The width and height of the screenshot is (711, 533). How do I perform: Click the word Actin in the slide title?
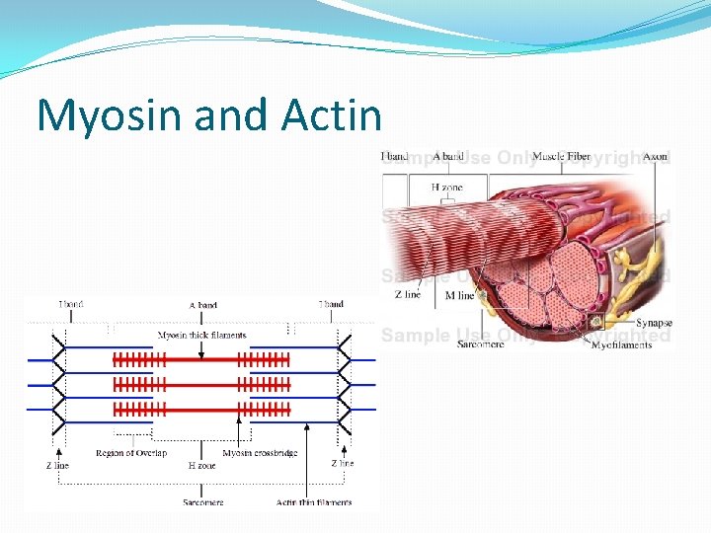click(x=331, y=115)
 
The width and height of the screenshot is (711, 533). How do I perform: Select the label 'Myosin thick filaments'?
click(x=202, y=336)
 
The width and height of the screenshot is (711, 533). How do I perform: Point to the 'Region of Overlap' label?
click(x=129, y=453)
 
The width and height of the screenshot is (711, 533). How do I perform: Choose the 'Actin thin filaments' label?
click(x=313, y=502)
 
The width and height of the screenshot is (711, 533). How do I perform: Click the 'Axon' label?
click(x=655, y=157)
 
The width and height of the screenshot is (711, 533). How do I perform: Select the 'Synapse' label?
click(x=653, y=323)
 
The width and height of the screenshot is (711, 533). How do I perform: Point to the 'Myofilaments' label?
click(x=621, y=344)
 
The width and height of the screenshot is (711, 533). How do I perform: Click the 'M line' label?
click(x=460, y=295)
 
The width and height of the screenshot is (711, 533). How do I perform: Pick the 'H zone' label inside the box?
click(x=446, y=188)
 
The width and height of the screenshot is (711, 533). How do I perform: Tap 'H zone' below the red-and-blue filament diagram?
click(x=202, y=465)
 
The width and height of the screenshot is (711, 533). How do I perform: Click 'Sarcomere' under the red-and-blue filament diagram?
click(x=202, y=502)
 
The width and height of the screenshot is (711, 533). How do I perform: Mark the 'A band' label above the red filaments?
click(x=202, y=305)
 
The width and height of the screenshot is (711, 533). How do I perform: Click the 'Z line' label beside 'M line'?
click(x=408, y=295)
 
